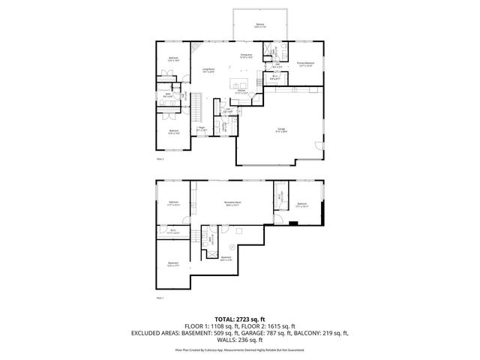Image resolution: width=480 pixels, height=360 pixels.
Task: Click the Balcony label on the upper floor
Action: pyautogui.click(x=259, y=25)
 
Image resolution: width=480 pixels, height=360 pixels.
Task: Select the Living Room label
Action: pyautogui.click(x=209, y=72)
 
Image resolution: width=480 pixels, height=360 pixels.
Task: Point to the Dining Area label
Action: pyautogui.click(x=245, y=56)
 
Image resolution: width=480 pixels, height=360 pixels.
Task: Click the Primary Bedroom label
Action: pyautogui.click(x=304, y=64)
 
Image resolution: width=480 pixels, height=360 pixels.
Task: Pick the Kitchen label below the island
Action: pyautogui.click(x=241, y=91)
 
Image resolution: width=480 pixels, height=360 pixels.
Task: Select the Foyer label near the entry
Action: pyautogui.click(x=202, y=129)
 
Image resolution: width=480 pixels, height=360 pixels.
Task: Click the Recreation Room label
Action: pyautogui.click(x=232, y=202)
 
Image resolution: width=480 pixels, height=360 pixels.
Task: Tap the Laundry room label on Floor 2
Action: pyautogui.click(x=224, y=127)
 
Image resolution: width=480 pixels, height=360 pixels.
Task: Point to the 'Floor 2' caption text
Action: pyautogui.click(x=159, y=159)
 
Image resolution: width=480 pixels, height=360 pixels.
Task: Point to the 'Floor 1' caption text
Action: pyautogui.click(x=159, y=298)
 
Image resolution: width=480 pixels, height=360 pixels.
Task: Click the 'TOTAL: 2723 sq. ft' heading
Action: pyautogui.click(x=239, y=318)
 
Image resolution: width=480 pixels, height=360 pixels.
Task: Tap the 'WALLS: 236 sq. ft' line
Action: pyautogui.click(x=239, y=340)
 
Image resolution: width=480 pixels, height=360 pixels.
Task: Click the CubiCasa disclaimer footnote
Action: pyautogui.click(x=239, y=349)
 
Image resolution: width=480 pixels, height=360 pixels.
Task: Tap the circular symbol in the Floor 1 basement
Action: pyautogui.click(x=232, y=247)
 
